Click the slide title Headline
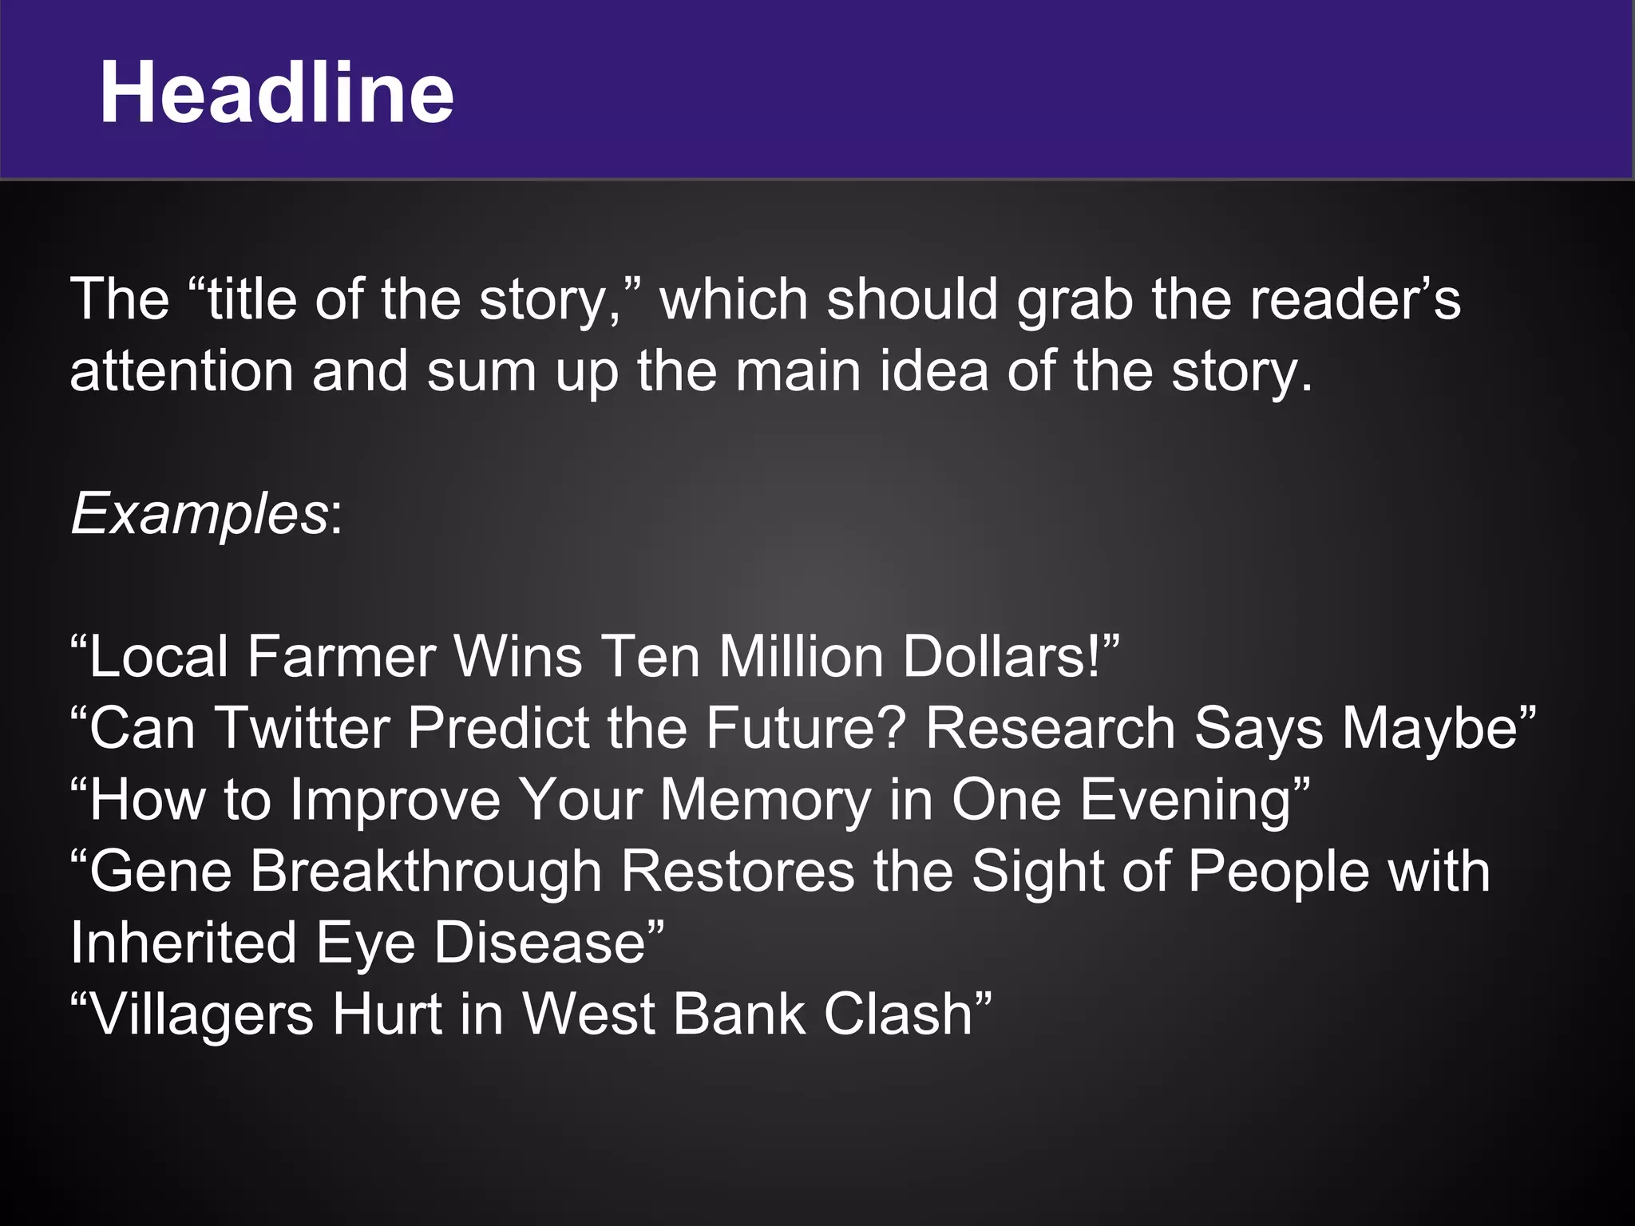pyautogui.click(x=276, y=93)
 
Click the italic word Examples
pyautogui.click(x=200, y=513)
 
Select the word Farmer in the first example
pyautogui.click(x=341, y=657)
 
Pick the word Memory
pyautogui.click(x=766, y=800)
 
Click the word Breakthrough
pyautogui.click(x=426, y=871)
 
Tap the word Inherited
pyautogui.click(x=184, y=943)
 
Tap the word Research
pyautogui.click(x=1050, y=728)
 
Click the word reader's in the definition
pyautogui.click(x=1355, y=300)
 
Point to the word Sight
pyautogui.click(x=1037, y=872)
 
